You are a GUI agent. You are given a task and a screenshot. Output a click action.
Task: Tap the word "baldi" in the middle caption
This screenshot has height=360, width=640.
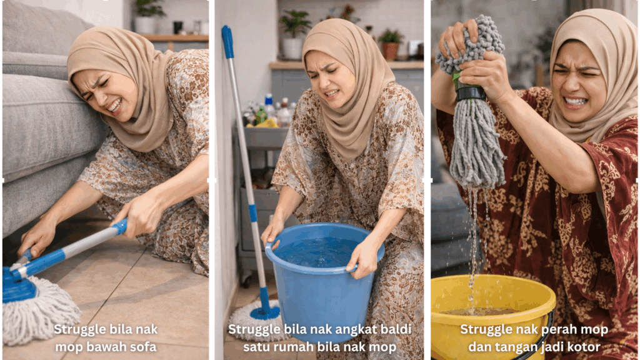point(395,329)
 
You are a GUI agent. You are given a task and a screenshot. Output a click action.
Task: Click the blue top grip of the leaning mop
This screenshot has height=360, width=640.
point(227,42)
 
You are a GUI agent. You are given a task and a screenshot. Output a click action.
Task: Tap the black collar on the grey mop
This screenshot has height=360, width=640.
point(471,93)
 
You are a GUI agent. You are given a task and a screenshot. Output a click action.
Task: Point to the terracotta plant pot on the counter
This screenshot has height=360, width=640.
point(390,51)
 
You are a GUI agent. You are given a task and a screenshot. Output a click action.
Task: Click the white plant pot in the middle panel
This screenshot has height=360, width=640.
point(292,49)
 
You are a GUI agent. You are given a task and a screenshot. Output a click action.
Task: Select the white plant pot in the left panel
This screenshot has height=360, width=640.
point(145,24)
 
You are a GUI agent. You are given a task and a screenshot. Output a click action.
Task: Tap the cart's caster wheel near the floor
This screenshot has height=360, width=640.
point(246,280)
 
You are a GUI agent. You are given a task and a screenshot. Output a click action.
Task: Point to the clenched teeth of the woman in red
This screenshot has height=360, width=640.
point(575,101)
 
